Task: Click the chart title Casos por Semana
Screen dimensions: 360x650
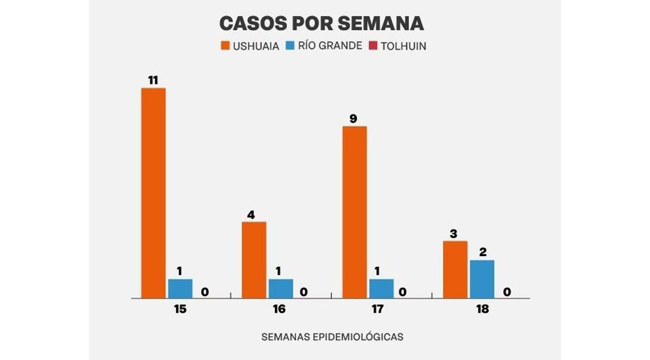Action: tap(321, 23)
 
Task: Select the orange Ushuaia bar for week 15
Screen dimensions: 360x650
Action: tap(153, 193)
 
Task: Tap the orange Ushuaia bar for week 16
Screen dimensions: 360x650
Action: tap(254, 260)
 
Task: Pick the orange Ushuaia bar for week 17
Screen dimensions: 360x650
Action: tap(354, 212)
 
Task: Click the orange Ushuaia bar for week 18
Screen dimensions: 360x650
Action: tap(455, 269)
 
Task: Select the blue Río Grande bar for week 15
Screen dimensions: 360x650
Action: tap(180, 288)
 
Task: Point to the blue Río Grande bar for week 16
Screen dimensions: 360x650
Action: tap(281, 288)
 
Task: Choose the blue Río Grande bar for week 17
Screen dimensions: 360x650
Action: tap(381, 288)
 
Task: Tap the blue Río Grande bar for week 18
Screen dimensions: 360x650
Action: tap(482, 279)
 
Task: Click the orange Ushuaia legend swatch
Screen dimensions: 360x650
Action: tap(225, 46)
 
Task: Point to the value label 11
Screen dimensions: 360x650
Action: tap(153, 80)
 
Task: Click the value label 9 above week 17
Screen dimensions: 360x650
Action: tap(353, 119)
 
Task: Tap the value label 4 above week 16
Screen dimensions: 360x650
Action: tap(251, 215)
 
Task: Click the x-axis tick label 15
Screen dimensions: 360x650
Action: tap(180, 309)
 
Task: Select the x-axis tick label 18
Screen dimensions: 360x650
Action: tap(482, 309)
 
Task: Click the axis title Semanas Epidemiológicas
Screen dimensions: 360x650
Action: tap(332, 337)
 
